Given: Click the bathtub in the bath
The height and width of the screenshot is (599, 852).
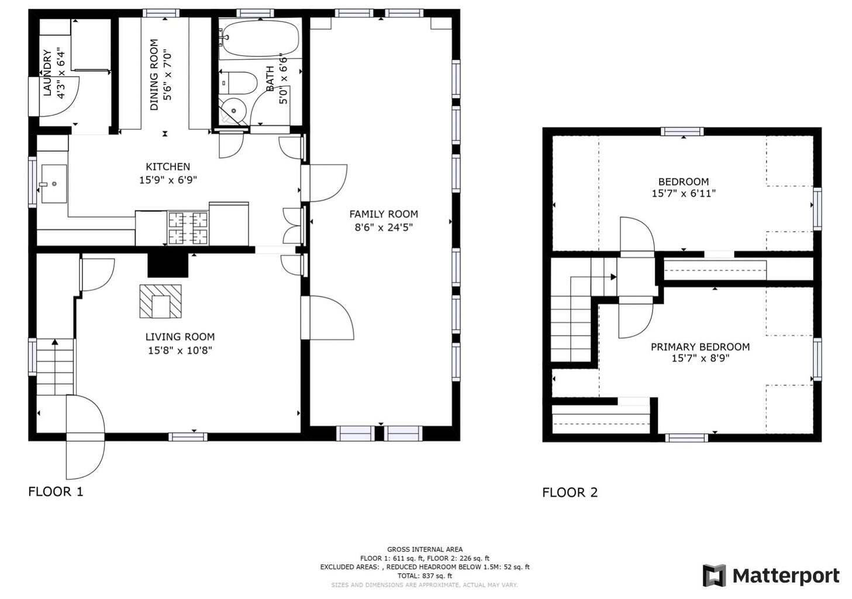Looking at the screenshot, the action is point(261,38).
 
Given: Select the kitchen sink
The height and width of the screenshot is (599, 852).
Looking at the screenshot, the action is point(54,184).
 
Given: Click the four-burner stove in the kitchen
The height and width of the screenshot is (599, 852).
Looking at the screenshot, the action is point(188,228).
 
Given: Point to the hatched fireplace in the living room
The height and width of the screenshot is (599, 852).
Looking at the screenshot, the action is point(160,301).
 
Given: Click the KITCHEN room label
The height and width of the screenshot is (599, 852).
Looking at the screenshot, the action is point(168,167).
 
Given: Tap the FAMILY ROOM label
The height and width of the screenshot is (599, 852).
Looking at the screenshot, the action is point(384,214).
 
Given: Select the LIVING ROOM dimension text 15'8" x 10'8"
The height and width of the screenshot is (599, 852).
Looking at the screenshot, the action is point(180,350).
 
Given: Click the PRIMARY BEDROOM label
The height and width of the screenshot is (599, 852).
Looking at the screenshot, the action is point(700,347).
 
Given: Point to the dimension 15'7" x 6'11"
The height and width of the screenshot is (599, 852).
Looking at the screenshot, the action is point(684,193).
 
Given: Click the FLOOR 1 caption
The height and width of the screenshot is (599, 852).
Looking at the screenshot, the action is point(56,491).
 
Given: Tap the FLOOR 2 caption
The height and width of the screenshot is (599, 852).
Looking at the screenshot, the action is point(570,493).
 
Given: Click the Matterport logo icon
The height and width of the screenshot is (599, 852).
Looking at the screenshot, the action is point(714,576).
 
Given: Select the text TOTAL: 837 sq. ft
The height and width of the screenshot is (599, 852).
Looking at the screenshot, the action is point(425,576).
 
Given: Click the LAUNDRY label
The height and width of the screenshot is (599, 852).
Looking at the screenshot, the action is point(47,73).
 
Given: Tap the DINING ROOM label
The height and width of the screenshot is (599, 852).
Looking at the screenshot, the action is point(154,75).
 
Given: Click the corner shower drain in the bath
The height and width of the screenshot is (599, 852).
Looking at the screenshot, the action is point(234,111).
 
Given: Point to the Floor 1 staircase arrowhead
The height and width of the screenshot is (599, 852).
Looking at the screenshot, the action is point(55,342).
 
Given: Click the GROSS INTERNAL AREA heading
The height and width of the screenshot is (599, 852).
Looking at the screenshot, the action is point(425,549).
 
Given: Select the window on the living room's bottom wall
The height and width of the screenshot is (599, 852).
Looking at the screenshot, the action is point(188,437).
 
